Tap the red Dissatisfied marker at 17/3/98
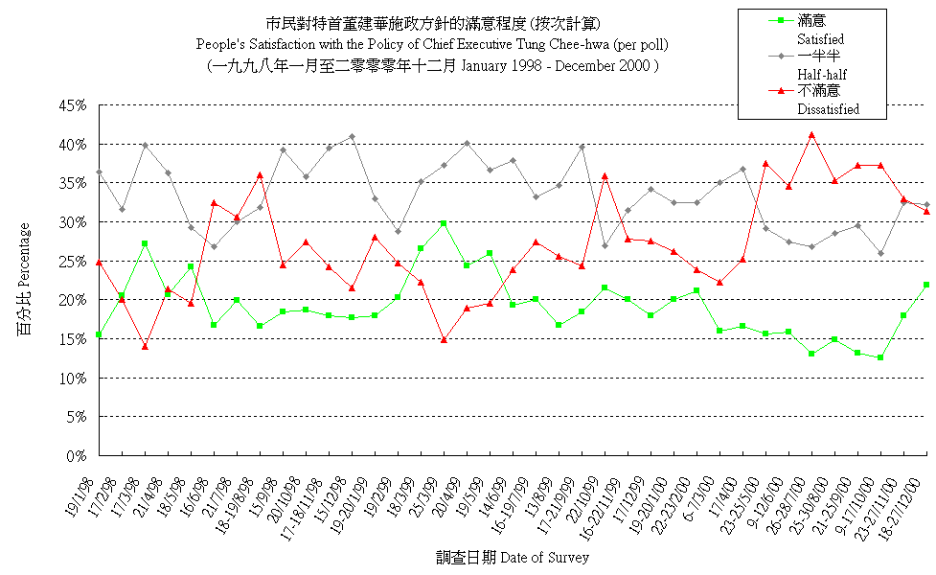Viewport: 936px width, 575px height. click(145, 346)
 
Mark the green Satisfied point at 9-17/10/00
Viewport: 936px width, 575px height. click(880, 357)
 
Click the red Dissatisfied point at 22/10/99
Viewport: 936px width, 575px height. click(605, 176)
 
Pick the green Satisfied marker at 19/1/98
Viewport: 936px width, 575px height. click(99, 334)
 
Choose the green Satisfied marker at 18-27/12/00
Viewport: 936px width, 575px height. click(926, 285)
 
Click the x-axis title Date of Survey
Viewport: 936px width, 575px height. click(544, 558)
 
